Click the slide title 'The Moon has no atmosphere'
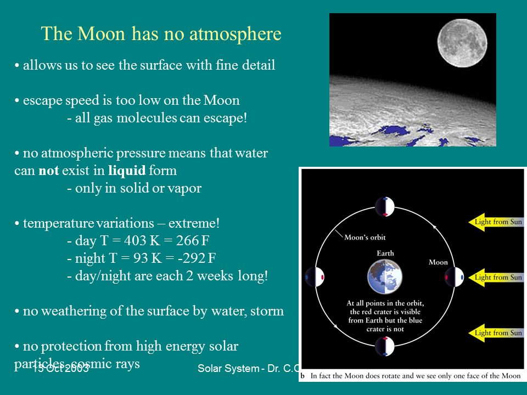click(x=161, y=34)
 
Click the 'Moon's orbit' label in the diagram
click(x=365, y=238)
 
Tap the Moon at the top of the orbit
click(x=385, y=207)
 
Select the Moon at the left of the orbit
click(x=315, y=277)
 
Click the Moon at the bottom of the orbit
click(x=385, y=347)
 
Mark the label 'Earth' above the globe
click(x=385, y=253)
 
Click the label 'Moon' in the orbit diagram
click(x=438, y=262)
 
